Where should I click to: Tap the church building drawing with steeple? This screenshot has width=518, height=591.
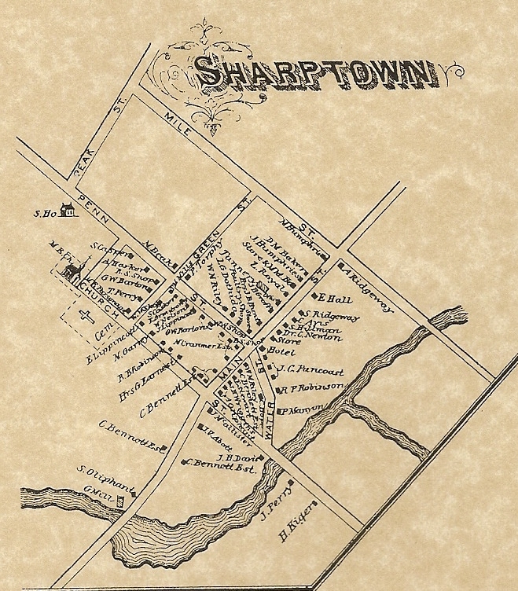(73, 270)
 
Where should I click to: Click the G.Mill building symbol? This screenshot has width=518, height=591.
(120, 499)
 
